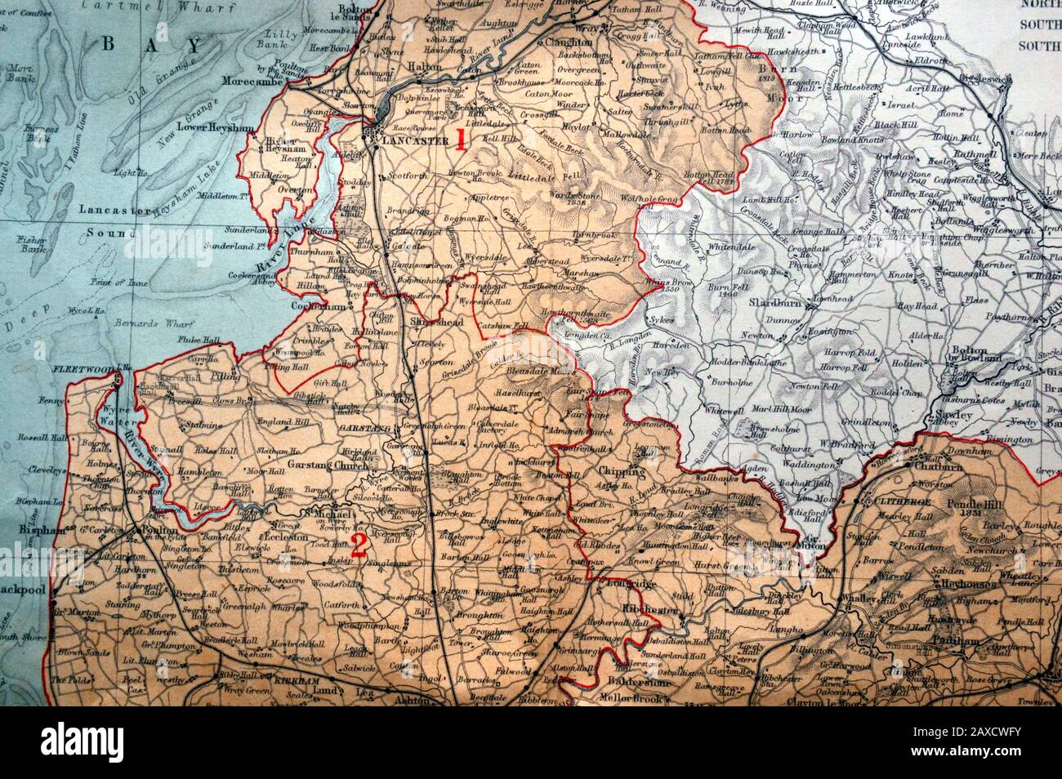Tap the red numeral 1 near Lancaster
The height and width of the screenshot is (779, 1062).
(x=460, y=140)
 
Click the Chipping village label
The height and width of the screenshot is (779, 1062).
(x=622, y=471)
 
